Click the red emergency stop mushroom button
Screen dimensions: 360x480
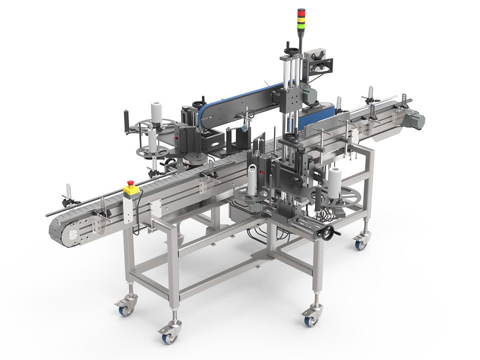pyautogui.click(x=131, y=183)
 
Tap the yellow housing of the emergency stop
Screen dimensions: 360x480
pyautogui.click(x=131, y=190)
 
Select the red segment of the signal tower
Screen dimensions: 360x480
pyautogui.click(x=301, y=12)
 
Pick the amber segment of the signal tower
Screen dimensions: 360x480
pyautogui.click(x=301, y=17)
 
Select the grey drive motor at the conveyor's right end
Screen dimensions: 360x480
pyautogui.click(x=414, y=120)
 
